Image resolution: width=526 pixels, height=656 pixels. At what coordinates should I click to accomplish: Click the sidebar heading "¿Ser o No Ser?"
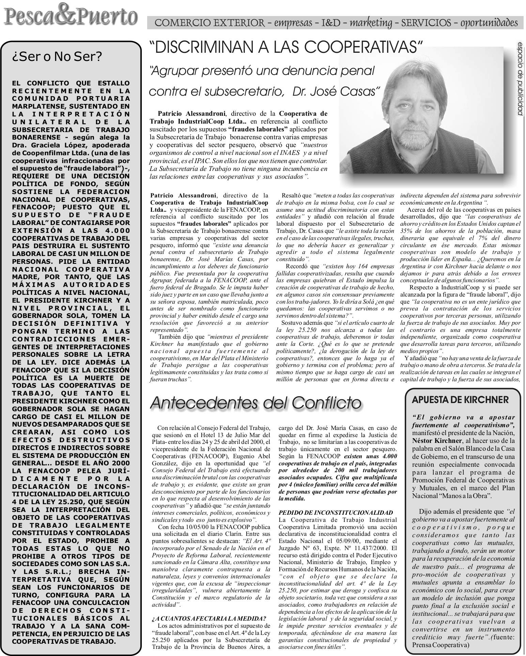click(x=57, y=57)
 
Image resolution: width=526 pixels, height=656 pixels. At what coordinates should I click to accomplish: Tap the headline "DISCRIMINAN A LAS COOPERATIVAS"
click(x=286, y=48)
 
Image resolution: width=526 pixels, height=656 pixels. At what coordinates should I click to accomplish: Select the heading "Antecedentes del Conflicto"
click(x=256, y=403)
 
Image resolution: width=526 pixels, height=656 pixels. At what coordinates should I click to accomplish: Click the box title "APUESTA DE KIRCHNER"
click(x=460, y=399)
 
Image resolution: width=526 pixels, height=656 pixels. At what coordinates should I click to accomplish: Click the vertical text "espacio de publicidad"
click(x=520, y=78)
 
